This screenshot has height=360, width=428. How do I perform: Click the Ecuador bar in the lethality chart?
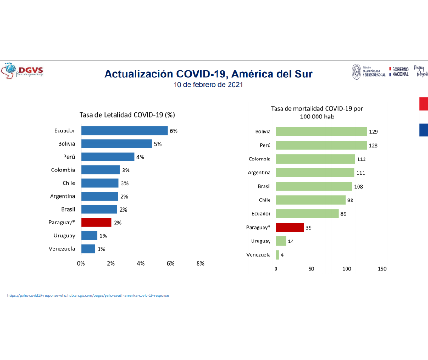pyautogui.click(x=124, y=130)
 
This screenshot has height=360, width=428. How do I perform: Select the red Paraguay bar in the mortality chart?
pyautogui.click(x=289, y=227)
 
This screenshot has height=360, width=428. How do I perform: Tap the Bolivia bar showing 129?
pyautogui.click(x=321, y=132)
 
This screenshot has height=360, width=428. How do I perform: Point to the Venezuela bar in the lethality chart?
pyautogui.click(x=88, y=249)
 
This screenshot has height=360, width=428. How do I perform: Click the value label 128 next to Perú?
pyautogui.click(x=374, y=146)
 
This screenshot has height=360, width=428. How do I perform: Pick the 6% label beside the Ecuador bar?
pyautogui.click(x=174, y=131)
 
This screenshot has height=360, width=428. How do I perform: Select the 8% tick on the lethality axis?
pyautogui.click(x=200, y=263)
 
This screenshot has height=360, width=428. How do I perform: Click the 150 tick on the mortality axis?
pyautogui.click(x=381, y=269)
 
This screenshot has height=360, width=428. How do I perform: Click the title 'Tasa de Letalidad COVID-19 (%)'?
pyautogui.click(x=127, y=115)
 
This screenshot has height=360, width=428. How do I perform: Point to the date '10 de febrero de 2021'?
pyautogui.click(x=208, y=85)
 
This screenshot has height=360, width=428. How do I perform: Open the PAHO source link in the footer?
pyautogui.click(x=88, y=295)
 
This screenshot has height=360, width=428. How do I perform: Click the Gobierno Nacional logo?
pyautogui.click(x=399, y=71)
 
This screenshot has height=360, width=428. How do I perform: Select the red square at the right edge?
pyautogui.click(x=423, y=104)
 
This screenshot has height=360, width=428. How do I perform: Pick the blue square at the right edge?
pyautogui.click(x=423, y=130)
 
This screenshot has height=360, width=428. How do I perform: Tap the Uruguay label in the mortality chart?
pyautogui.click(x=261, y=241)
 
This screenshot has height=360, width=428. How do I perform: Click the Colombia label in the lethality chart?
pyautogui.click(x=63, y=170)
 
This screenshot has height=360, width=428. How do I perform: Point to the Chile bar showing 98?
pyautogui.click(x=310, y=200)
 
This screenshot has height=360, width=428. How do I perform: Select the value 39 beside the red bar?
pyautogui.click(x=309, y=227)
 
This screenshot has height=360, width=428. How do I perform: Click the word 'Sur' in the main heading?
pyautogui.click(x=302, y=74)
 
